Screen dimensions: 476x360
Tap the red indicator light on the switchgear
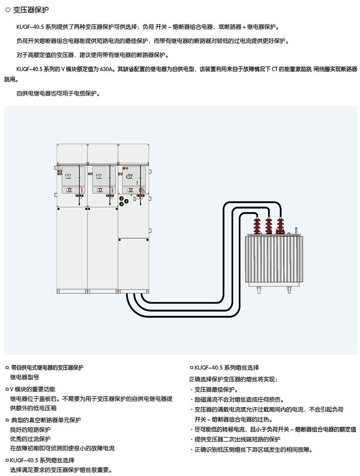[x=124, y=168]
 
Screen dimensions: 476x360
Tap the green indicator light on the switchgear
[x=127, y=168]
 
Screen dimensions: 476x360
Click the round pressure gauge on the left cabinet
[x=59, y=167]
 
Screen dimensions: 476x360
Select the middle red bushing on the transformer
[x=269, y=225]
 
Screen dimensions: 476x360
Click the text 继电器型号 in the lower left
[x=24, y=376]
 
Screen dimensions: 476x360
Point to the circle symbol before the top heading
[x=8, y=10]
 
